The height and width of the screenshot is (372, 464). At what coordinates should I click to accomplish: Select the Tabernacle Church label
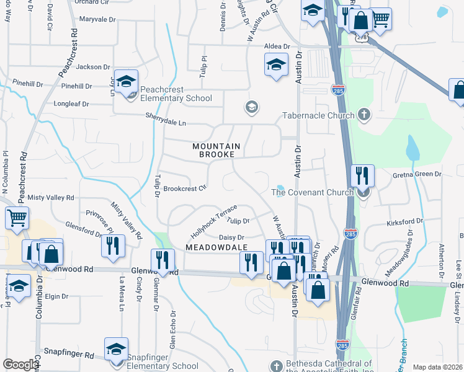point(318,115)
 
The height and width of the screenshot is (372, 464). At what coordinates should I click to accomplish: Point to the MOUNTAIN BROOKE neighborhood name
point(213,150)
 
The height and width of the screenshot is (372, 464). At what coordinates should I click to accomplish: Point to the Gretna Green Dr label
point(417,175)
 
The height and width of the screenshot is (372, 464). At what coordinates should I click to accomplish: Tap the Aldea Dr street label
point(277,46)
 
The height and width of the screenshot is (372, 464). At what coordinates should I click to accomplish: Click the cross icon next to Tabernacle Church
point(364,115)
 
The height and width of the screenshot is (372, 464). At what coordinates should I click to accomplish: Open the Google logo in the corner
point(20,365)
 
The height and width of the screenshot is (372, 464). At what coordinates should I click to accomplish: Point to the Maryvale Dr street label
point(97,20)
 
